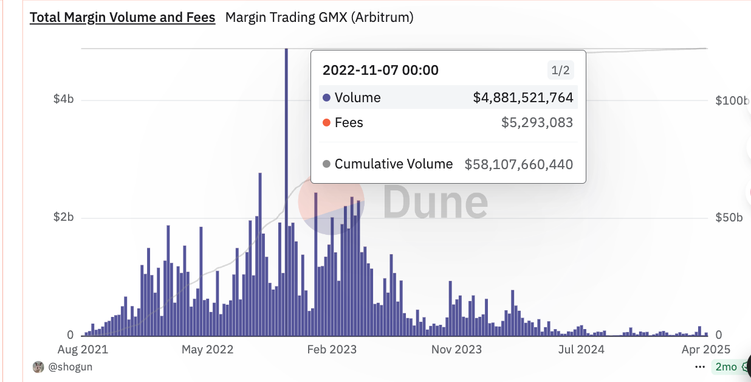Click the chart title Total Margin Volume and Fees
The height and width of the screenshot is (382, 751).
[122, 18]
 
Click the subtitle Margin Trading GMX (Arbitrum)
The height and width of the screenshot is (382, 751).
[319, 18]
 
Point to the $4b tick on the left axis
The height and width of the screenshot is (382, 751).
[63, 100]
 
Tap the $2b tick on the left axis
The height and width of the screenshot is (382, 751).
[63, 218]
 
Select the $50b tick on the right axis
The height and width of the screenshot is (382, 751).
[729, 218]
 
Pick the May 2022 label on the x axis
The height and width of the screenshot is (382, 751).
[208, 349]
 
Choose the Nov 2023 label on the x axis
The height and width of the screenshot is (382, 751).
[456, 349]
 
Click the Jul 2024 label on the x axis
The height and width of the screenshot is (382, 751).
[581, 349]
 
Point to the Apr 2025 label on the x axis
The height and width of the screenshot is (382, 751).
[705, 349]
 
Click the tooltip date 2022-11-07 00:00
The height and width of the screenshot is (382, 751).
[380, 71]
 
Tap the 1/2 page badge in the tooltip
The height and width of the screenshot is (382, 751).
[560, 71]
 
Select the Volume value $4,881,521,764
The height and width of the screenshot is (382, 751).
[523, 98]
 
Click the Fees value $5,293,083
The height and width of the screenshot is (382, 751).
[537, 123]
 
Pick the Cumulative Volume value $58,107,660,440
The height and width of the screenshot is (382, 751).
[519, 164]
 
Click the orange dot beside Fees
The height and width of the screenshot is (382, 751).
[327, 123]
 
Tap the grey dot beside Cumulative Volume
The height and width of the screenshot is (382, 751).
[327, 164]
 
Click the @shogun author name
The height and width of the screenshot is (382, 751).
[70, 367]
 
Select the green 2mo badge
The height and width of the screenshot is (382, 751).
[726, 367]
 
